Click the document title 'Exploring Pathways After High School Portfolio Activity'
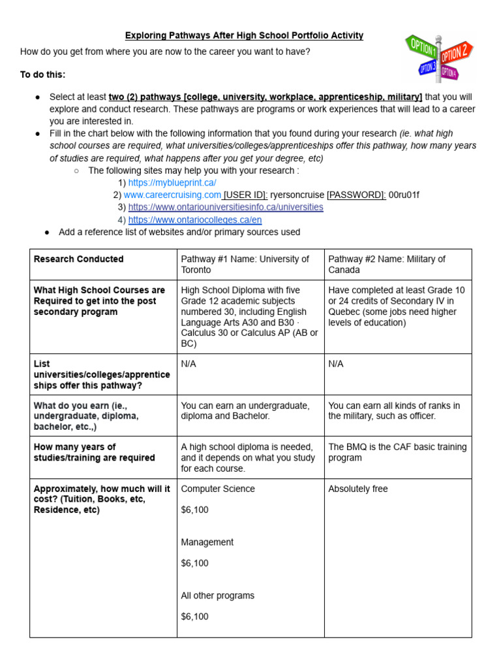[x=244, y=35]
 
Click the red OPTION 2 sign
[x=457, y=52]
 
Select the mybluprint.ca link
[x=172, y=183]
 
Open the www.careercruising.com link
[x=172, y=195]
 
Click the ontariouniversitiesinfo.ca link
[x=225, y=207]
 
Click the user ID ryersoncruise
[x=297, y=195]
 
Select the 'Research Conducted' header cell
[x=78, y=259]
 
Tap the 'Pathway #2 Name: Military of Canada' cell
[x=387, y=264]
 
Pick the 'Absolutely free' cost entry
[x=358, y=489]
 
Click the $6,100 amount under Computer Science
[x=194, y=510]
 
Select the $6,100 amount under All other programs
[x=194, y=616]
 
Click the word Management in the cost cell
[x=207, y=542]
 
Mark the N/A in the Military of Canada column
[x=337, y=364]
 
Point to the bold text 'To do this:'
[x=43, y=74]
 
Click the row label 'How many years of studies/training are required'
[x=94, y=452]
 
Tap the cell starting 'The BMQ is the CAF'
[x=397, y=452]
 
